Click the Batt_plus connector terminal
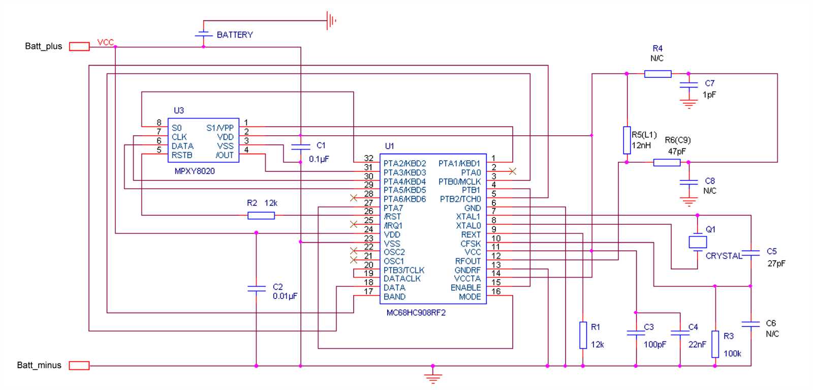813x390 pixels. tap(79, 46)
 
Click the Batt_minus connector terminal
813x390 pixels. tap(79, 365)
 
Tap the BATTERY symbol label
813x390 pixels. tap(234, 35)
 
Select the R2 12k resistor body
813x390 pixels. tap(261, 216)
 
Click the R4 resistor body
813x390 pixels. tap(658, 74)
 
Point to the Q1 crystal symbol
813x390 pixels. tap(698, 242)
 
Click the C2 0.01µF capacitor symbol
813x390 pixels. tap(256, 288)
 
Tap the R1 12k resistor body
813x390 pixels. tap(583, 335)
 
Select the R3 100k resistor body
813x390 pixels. tap(715, 344)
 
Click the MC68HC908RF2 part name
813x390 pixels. tap(416, 313)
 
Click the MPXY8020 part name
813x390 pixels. tap(195, 171)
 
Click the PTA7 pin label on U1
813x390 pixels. tap(393, 208)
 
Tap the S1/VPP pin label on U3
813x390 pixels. tap(220, 128)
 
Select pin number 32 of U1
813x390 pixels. tap(368, 158)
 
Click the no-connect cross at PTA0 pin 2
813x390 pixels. tap(512, 171)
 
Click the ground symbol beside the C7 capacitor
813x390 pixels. tap(689, 105)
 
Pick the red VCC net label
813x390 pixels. tap(105, 42)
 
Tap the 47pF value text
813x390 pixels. tap(677, 151)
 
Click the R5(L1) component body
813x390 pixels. tap(627, 140)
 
